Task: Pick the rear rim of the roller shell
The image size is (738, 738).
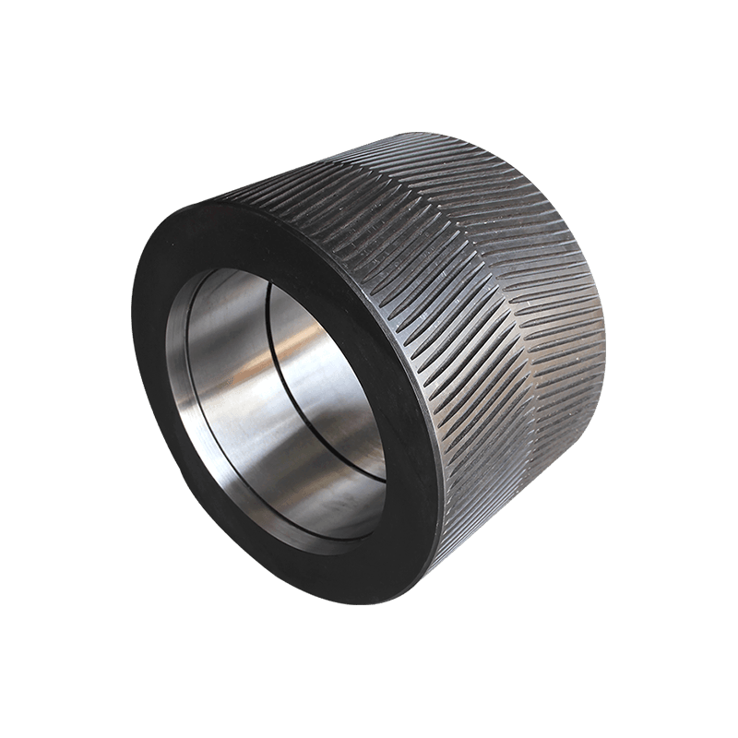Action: click(590, 277)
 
